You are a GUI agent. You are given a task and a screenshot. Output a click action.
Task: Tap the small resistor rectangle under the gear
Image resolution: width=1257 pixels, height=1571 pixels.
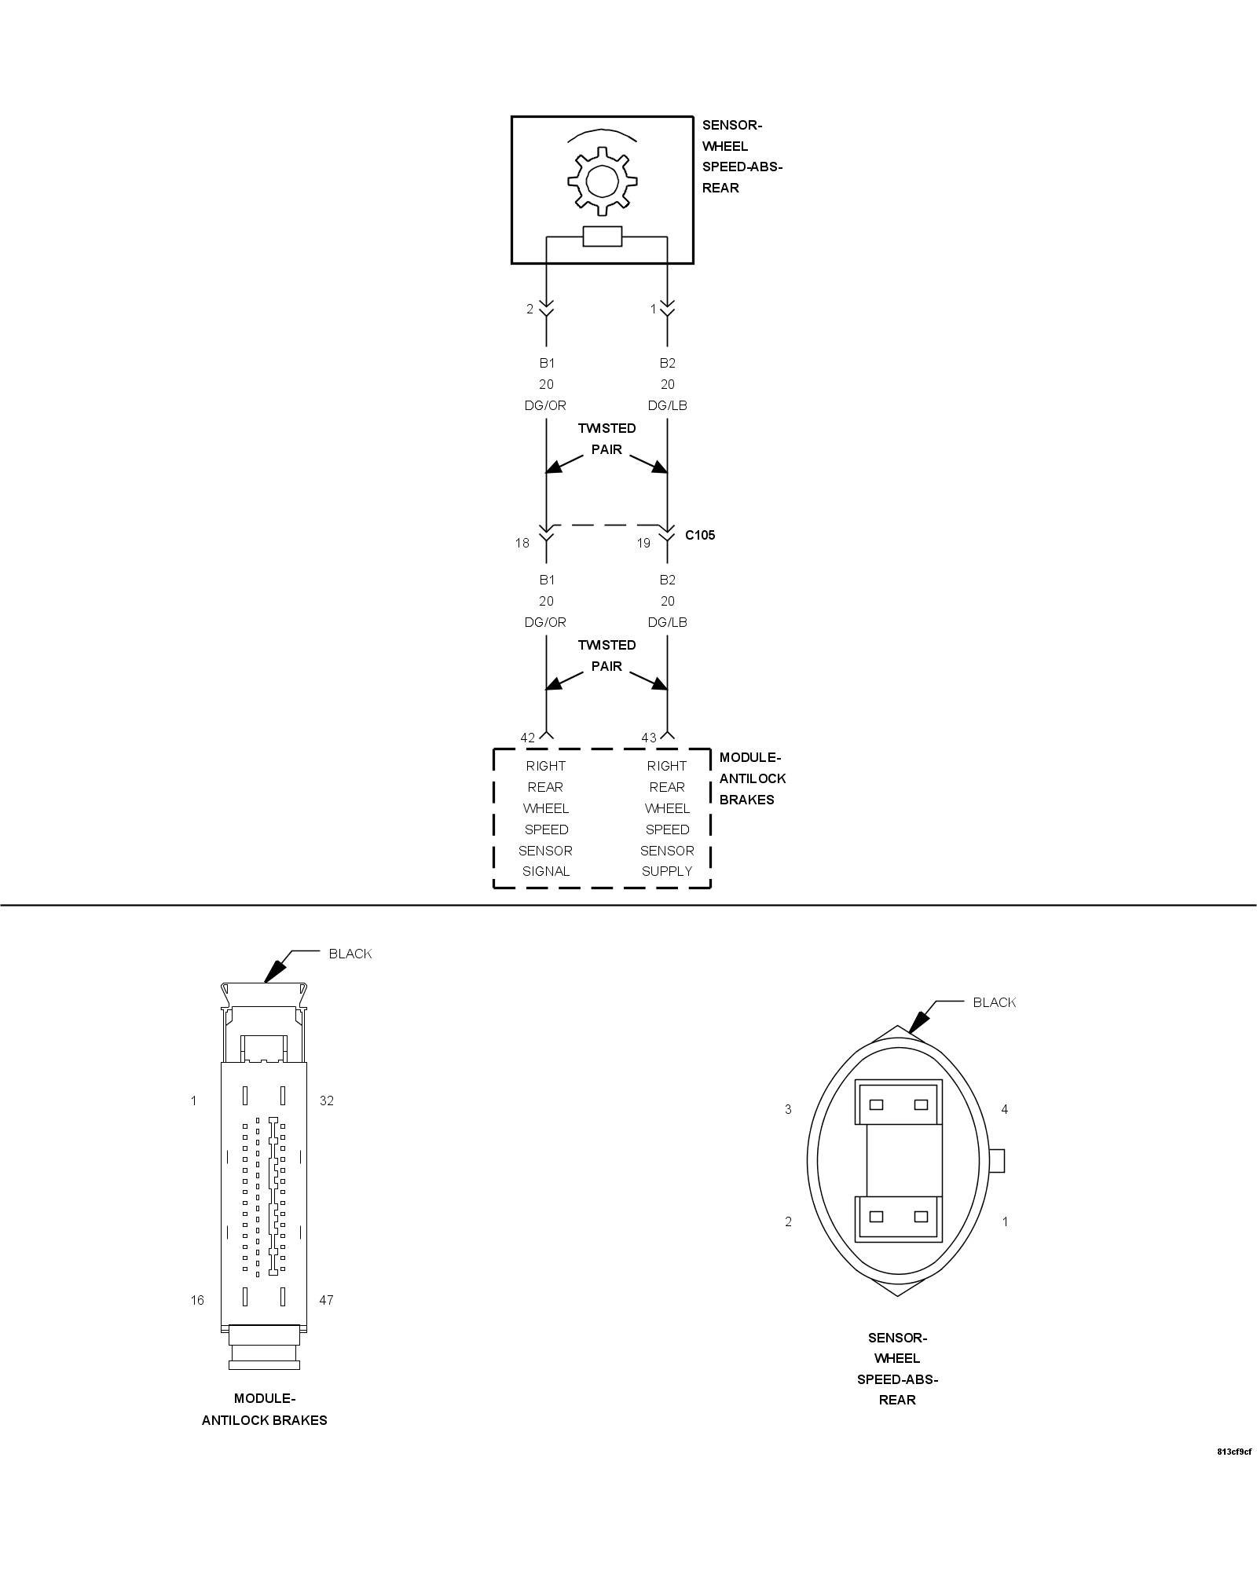tap(603, 236)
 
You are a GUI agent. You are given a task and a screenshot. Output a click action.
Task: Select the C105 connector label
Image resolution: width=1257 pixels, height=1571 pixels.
tap(700, 535)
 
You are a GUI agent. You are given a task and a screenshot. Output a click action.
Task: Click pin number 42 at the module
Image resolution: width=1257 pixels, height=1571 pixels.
tap(527, 738)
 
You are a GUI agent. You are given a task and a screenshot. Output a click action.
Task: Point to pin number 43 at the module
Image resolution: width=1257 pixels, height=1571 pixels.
tap(648, 738)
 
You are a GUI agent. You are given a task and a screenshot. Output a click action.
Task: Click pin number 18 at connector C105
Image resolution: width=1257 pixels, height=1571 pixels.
tap(522, 543)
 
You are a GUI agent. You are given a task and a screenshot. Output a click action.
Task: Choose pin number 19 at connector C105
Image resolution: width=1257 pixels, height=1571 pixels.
tap(643, 543)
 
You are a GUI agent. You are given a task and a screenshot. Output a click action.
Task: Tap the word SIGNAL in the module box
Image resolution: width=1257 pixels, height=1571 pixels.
tap(546, 871)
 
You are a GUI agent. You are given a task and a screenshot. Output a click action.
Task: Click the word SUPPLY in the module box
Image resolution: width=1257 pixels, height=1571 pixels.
tap(667, 871)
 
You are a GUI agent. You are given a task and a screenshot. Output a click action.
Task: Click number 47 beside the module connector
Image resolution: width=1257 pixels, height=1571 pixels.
tap(327, 1300)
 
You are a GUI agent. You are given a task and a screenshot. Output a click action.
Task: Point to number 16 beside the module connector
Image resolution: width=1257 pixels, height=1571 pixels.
tap(197, 1300)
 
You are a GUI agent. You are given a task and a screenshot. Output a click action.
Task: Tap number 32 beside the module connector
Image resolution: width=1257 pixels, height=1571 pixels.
tap(327, 1100)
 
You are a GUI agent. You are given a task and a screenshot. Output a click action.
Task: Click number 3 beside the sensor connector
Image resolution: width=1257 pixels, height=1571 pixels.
tap(788, 1109)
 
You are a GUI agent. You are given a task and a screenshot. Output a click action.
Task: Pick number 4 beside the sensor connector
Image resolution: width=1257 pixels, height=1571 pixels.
tap(1004, 1109)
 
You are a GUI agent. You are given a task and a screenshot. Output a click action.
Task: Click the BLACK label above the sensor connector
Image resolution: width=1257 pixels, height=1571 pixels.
tap(995, 1002)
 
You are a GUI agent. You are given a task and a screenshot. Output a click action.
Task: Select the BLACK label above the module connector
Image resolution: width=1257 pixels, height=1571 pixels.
tap(350, 954)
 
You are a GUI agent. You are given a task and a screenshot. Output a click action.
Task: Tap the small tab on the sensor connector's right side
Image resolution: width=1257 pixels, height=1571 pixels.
tap(997, 1160)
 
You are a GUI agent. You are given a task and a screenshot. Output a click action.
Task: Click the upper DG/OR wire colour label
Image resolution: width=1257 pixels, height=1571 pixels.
tap(545, 405)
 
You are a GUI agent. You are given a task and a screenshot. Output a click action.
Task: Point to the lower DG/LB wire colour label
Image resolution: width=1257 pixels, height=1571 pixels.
tap(667, 622)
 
